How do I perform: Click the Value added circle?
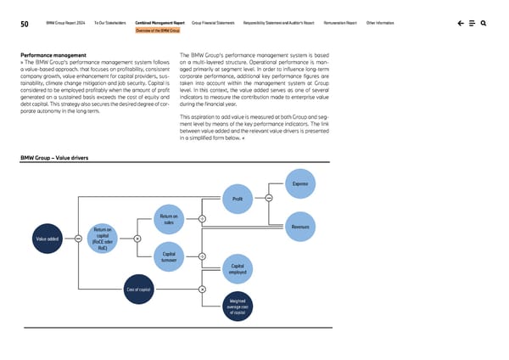click(48, 239)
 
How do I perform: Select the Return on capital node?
click(102, 238)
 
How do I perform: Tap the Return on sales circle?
click(168, 220)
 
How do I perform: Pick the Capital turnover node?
click(168, 256)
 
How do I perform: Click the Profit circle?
click(238, 200)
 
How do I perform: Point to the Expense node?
click(299, 183)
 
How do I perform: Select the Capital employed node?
click(238, 269)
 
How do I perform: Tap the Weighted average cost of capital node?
click(238, 306)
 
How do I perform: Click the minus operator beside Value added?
click(77, 239)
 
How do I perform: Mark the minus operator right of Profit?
click(268, 200)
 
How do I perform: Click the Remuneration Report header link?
click(338, 23)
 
